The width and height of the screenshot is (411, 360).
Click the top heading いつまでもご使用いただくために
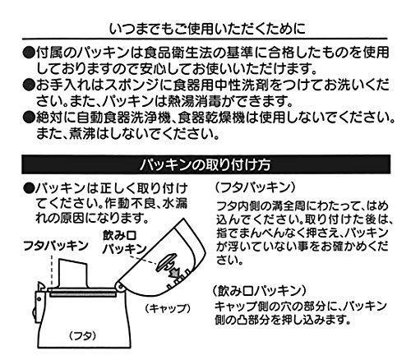coord(207,30)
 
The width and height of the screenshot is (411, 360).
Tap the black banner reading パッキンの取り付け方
coord(205,164)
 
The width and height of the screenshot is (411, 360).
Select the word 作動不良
coord(132,204)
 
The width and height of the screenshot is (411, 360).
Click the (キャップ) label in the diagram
coord(168,308)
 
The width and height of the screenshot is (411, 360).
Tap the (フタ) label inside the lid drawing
coord(83,335)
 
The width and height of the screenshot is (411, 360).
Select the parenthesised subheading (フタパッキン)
coord(255,187)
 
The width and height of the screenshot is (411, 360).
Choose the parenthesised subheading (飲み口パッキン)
coord(259,291)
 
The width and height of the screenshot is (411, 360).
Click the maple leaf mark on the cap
coord(174,272)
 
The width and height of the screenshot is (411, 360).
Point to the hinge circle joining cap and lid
coord(120,286)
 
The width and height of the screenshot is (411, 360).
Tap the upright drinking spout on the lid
coord(73,273)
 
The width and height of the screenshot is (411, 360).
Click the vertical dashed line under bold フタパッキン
coord(52,270)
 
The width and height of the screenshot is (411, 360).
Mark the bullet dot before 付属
coord(29,53)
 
